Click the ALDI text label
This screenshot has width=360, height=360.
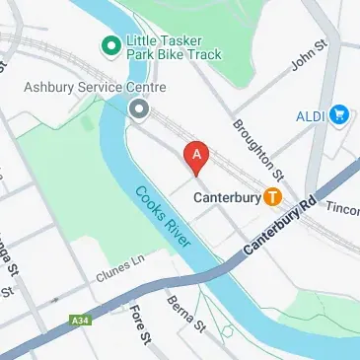pyautogui.click(x=312, y=116)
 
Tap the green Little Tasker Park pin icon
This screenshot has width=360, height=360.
pyautogui.click(x=112, y=44)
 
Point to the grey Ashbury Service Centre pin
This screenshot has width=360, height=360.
pyautogui.click(x=140, y=108)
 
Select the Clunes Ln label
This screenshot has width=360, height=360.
pyautogui.click(x=119, y=266)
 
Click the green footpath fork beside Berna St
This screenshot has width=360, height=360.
pyautogui.click(x=228, y=329)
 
